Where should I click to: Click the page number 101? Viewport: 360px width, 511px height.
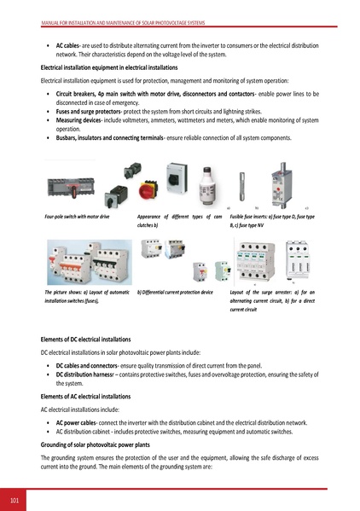click(15, 497)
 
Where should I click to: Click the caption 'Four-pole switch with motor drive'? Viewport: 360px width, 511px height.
click(77, 219)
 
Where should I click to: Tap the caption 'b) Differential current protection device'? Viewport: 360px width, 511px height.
click(180, 293)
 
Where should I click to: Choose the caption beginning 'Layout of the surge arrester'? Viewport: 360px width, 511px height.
click(281, 300)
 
